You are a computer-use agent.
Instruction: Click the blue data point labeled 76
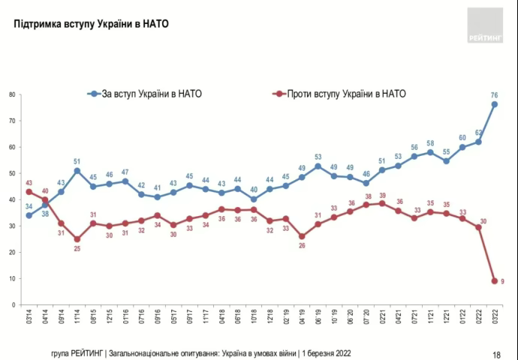point(495,104)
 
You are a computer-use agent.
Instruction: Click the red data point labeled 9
point(495,280)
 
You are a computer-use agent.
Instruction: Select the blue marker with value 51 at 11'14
point(77,170)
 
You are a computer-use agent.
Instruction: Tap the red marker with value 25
point(77,238)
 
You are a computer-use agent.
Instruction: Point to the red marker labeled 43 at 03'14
point(29,191)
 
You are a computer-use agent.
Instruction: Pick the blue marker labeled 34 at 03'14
point(29,215)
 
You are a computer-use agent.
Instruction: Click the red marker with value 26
point(302,236)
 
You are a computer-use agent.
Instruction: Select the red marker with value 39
point(382,202)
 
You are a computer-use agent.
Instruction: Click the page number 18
point(496,353)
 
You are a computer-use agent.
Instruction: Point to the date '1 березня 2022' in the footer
point(326,352)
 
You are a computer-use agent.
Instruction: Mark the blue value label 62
point(478,132)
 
